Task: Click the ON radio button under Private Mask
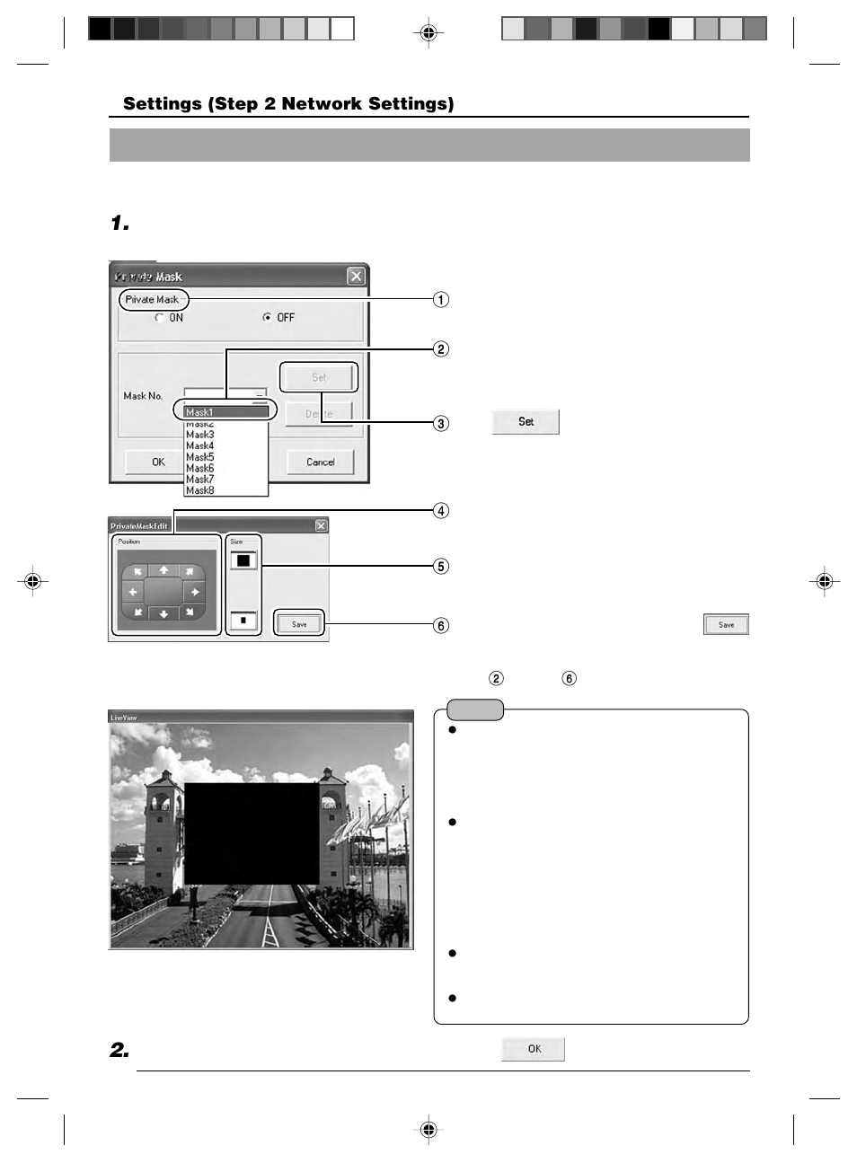159,317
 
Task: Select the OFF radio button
267,317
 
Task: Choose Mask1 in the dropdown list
225,412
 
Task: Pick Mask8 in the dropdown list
200,490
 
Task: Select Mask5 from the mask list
200,457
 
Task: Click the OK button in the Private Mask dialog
158,462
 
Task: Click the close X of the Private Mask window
356,276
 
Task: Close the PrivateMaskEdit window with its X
321,525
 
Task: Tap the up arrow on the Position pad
163,569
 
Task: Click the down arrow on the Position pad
163,614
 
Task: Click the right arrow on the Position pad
194,592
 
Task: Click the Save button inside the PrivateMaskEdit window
299,624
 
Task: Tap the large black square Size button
243,560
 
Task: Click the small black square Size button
243,620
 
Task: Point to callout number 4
440,510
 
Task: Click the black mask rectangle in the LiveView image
252,833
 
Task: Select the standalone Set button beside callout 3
526,421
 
